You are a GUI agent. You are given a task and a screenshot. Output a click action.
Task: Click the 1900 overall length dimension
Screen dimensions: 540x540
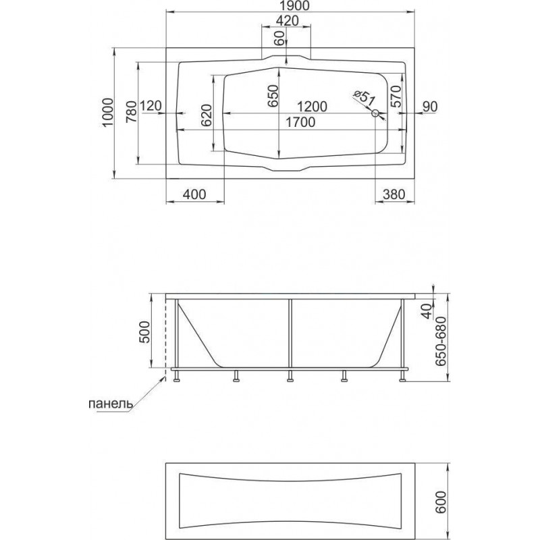[x=290, y=6]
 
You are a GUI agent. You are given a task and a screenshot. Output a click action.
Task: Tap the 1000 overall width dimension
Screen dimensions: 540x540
[x=108, y=113]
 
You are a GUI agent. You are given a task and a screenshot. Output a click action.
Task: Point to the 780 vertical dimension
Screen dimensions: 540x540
[x=132, y=112]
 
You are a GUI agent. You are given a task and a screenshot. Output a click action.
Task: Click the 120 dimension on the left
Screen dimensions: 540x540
[x=151, y=106]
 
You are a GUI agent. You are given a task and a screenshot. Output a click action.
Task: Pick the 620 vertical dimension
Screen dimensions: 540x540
[x=206, y=115]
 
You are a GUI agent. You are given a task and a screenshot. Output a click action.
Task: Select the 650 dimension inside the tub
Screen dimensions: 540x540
[x=273, y=95]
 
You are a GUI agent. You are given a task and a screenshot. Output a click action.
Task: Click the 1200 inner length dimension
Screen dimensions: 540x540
[x=312, y=107]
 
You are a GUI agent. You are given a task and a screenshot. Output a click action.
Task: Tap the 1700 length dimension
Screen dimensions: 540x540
[x=300, y=122]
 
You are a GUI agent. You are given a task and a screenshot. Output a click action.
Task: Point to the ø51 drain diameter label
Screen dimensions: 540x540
[x=363, y=98]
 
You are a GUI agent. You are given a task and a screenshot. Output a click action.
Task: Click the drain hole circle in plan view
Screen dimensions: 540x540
[x=375, y=113]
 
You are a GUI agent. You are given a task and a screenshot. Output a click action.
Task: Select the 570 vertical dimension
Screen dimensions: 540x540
[x=396, y=96]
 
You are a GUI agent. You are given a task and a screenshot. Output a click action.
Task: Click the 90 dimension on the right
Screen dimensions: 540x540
[x=429, y=107]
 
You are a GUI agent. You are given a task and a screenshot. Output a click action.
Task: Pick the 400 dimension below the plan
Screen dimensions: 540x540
[x=194, y=194]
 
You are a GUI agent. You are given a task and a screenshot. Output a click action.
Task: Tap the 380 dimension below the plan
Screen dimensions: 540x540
[x=394, y=194]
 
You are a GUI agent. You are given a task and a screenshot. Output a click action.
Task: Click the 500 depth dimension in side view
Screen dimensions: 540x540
[x=145, y=331]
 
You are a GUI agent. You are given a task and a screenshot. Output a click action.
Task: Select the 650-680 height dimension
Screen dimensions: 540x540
[x=441, y=342]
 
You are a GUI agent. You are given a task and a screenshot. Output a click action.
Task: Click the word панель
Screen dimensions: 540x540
[x=110, y=403]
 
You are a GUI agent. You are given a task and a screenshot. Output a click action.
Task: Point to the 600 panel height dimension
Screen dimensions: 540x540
[x=442, y=502]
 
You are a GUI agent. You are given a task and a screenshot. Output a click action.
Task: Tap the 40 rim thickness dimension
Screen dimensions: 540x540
[x=427, y=311]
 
